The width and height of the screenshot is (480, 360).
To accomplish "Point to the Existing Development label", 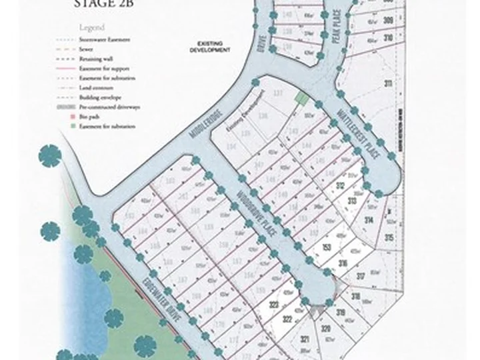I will click(x=209, y=48).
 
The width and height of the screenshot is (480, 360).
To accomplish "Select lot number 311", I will click(x=387, y=84).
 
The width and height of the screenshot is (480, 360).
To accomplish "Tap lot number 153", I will click(x=327, y=247).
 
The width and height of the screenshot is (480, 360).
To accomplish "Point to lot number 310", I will click(x=388, y=38).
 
